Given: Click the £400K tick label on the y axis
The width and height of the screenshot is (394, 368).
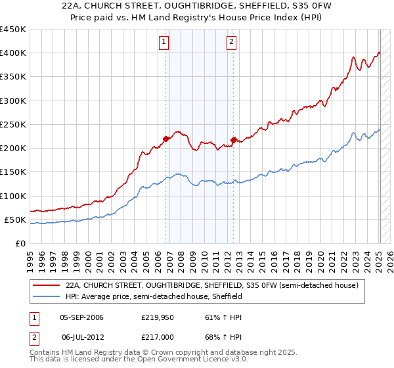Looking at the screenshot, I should [x=13, y=53].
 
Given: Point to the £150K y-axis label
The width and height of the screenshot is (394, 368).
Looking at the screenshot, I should [x=13, y=172].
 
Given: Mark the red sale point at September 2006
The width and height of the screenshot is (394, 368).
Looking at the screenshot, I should [x=165, y=139].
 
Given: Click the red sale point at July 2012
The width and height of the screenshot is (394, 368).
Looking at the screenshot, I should [x=233, y=140].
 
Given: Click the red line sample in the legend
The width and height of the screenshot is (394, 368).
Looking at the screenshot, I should [x=46, y=286].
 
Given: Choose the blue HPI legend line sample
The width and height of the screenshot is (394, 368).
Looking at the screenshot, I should [x=46, y=296].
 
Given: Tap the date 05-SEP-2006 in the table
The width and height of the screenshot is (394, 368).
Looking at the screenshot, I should [x=81, y=317].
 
